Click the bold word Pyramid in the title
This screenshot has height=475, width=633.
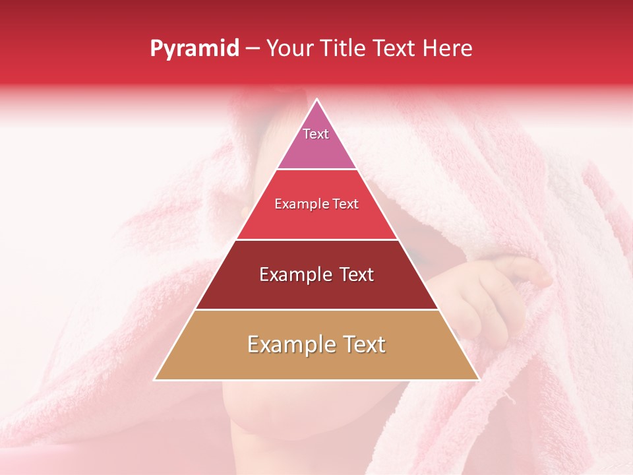coord(195,49)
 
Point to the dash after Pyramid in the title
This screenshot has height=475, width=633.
coord(253,49)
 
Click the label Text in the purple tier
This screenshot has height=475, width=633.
coord(316,134)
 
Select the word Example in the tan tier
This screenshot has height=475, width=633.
coord(287,344)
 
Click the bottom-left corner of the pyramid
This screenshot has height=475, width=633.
coord(155,379)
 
